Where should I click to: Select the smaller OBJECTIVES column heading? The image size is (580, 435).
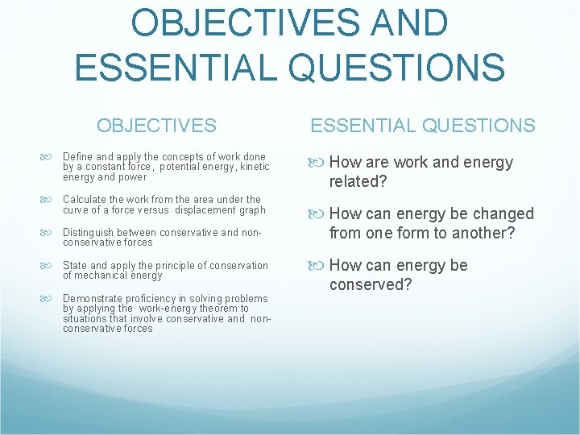[x=156, y=126]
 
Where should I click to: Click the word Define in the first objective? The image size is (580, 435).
[x=77, y=156]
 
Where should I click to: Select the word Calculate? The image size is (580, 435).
[x=85, y=199]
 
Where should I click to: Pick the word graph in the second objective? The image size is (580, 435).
[x=252, y=209]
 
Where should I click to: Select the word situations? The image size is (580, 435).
[x=85, y=318]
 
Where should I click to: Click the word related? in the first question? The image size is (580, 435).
[x=358, y=182]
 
